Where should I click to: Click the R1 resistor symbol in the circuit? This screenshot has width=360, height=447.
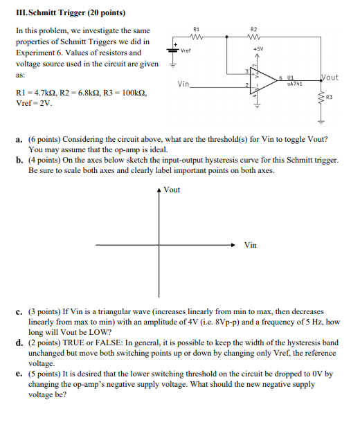[x=196, y=39]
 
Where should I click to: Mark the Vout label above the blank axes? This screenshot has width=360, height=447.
[x=172, y=190]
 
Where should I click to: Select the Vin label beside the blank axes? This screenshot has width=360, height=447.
[x=250, y=245]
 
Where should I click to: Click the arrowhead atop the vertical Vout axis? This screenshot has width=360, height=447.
[x=160, y=189]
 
